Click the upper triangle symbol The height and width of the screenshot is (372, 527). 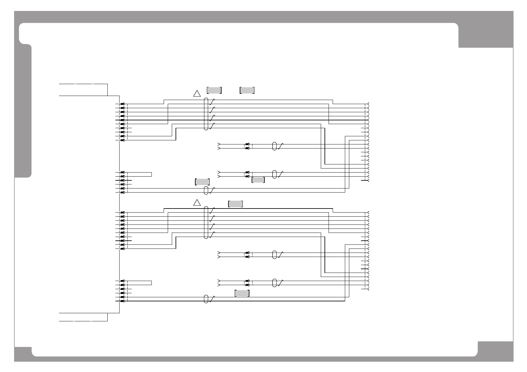tap(197, 93)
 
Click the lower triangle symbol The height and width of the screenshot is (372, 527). tap(197, 203)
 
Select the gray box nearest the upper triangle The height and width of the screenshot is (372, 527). tap(214, 90)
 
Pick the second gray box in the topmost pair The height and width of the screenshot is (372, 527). tap(247, 90)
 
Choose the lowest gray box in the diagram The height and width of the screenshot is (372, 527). tap(242, 293)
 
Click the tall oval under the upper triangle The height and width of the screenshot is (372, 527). tap(206, 114)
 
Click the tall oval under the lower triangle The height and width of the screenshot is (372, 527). tap(206, 223)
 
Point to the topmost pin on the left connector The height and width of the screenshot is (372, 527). tap(123, 104)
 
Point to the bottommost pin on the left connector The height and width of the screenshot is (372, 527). tap(123, 301)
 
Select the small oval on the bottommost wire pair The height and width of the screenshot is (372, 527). tap(206, 299)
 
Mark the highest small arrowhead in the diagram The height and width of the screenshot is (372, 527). tap(219, 144)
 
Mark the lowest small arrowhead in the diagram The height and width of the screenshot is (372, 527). tap(219, 285)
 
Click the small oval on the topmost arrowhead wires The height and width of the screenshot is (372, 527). tap(274, 146)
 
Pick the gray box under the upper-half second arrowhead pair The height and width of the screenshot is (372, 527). tap(258, 180)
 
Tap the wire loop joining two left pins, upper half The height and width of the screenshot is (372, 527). tap(151, 174)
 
